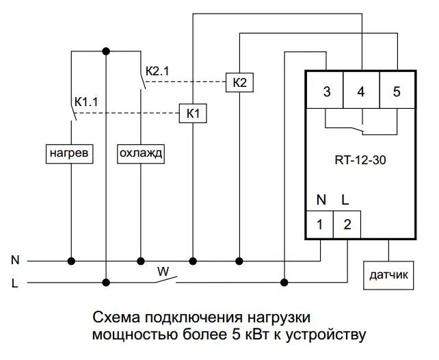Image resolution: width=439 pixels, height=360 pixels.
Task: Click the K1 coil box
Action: click(x=193, y=113)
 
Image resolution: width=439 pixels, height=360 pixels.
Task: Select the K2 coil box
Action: click(x=239, y=83)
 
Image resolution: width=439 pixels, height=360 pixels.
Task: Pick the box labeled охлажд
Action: click(x=140, y=153)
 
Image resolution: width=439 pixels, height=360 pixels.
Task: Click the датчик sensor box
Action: click(x=388, y=276)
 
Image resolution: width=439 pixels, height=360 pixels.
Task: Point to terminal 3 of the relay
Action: click(x=326, y=92)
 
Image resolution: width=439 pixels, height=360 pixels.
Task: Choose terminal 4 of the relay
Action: click(x=361, y=92)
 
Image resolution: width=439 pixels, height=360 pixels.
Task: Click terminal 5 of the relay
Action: click(x=397, y=92)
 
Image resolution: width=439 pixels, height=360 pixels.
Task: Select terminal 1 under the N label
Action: click(x=319, y=224)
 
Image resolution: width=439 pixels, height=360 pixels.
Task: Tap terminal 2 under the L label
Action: click(x=347, y=224)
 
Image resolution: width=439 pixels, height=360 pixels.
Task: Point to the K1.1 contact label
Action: click(x=87, y=101)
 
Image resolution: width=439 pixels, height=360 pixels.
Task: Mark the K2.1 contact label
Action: click(x=157, y=71)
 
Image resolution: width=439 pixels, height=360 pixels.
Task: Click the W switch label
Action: click(x=163, y=270)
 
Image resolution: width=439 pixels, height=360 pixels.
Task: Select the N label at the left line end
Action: click(x=14, y=260)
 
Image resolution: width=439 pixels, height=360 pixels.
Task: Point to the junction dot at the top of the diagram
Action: click(x=105, y=51)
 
